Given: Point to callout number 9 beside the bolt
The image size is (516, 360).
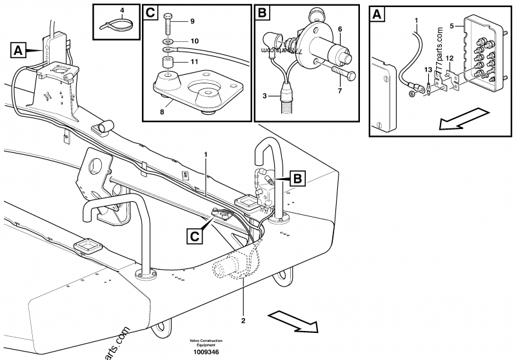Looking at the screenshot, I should click(x=191, y=21).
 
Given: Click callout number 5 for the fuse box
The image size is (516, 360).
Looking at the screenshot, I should click(x=452, y=26).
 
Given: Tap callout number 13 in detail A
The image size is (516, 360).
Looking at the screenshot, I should click(x=428, y=69).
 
